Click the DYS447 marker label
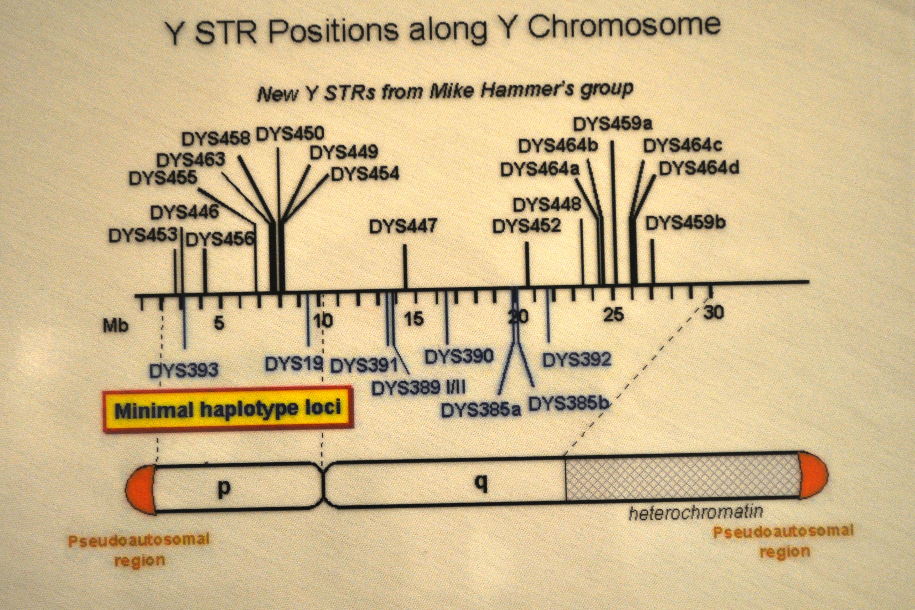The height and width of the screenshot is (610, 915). [x=403, y=226]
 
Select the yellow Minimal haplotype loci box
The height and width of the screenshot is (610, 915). [x=228, y=409]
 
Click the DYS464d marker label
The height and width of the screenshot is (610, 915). [x=699, y=169]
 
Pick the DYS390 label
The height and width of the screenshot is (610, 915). [x=459, y=356]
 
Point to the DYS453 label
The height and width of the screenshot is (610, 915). [x=143, y=235]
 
